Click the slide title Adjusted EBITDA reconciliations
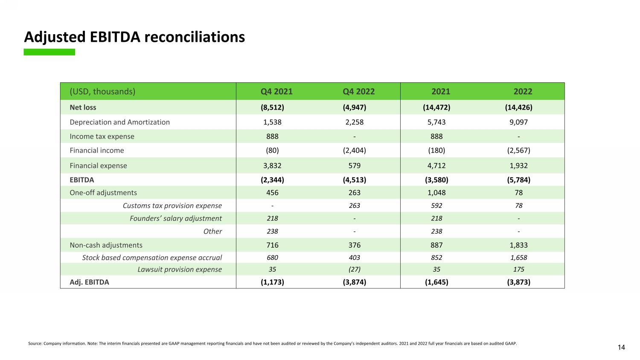point(134,37)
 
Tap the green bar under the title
point(49,52)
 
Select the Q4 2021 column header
point(276,92)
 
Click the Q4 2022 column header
point(358,92)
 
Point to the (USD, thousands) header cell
point(102,92)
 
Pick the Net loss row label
point(83,107)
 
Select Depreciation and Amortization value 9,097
point(518,122)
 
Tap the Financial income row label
point(97,151)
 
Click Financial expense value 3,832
point(272,165)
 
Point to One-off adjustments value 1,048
point(436,193)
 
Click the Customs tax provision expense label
point(172,206)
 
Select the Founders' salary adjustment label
point(176,218)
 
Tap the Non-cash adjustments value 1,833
point(518,245)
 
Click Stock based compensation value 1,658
point(518,258)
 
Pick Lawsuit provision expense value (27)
point(354,270)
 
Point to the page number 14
point(621,348)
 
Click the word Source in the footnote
point(35,343)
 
